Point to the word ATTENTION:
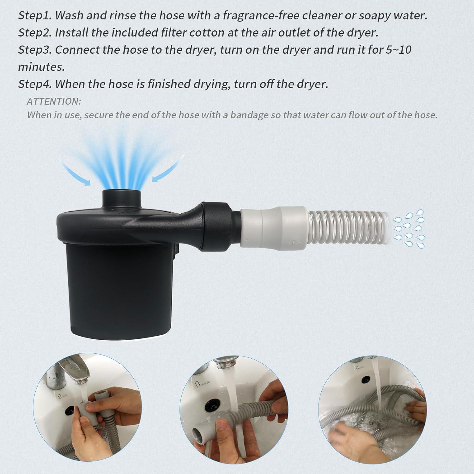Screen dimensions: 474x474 point(54,101)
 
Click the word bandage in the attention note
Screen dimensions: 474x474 point(249,115)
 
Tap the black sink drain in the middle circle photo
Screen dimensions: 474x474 point(210,397)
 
